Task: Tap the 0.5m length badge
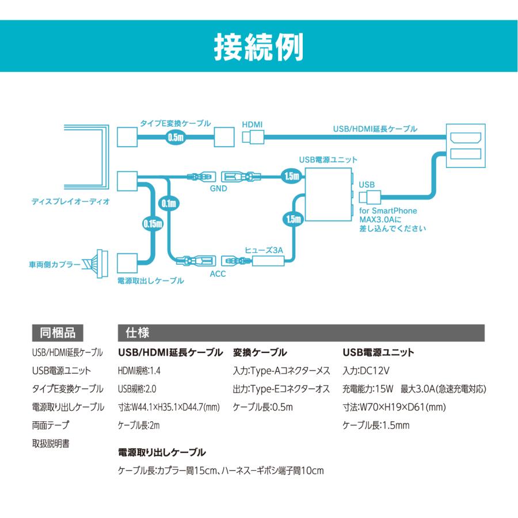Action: pos(175,138)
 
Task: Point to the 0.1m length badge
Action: pos(169,203)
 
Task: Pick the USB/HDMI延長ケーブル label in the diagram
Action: pos(375,129)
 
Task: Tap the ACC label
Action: pos(218,274)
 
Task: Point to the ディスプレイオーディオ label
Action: pos(71,202)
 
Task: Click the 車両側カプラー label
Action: pos(55,265)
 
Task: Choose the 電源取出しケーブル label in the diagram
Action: pos(150,281)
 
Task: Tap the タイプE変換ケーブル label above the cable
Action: pos(176,123)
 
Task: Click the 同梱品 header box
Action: pos(58,333)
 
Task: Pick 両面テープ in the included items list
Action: pos(50,425)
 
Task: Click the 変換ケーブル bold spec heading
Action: pos(260,352)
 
